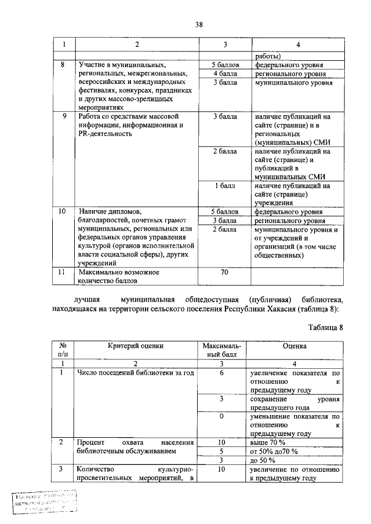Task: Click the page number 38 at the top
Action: coord(199,24)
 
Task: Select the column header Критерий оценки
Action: coord(135,346)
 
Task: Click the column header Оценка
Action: coord(294,346)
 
